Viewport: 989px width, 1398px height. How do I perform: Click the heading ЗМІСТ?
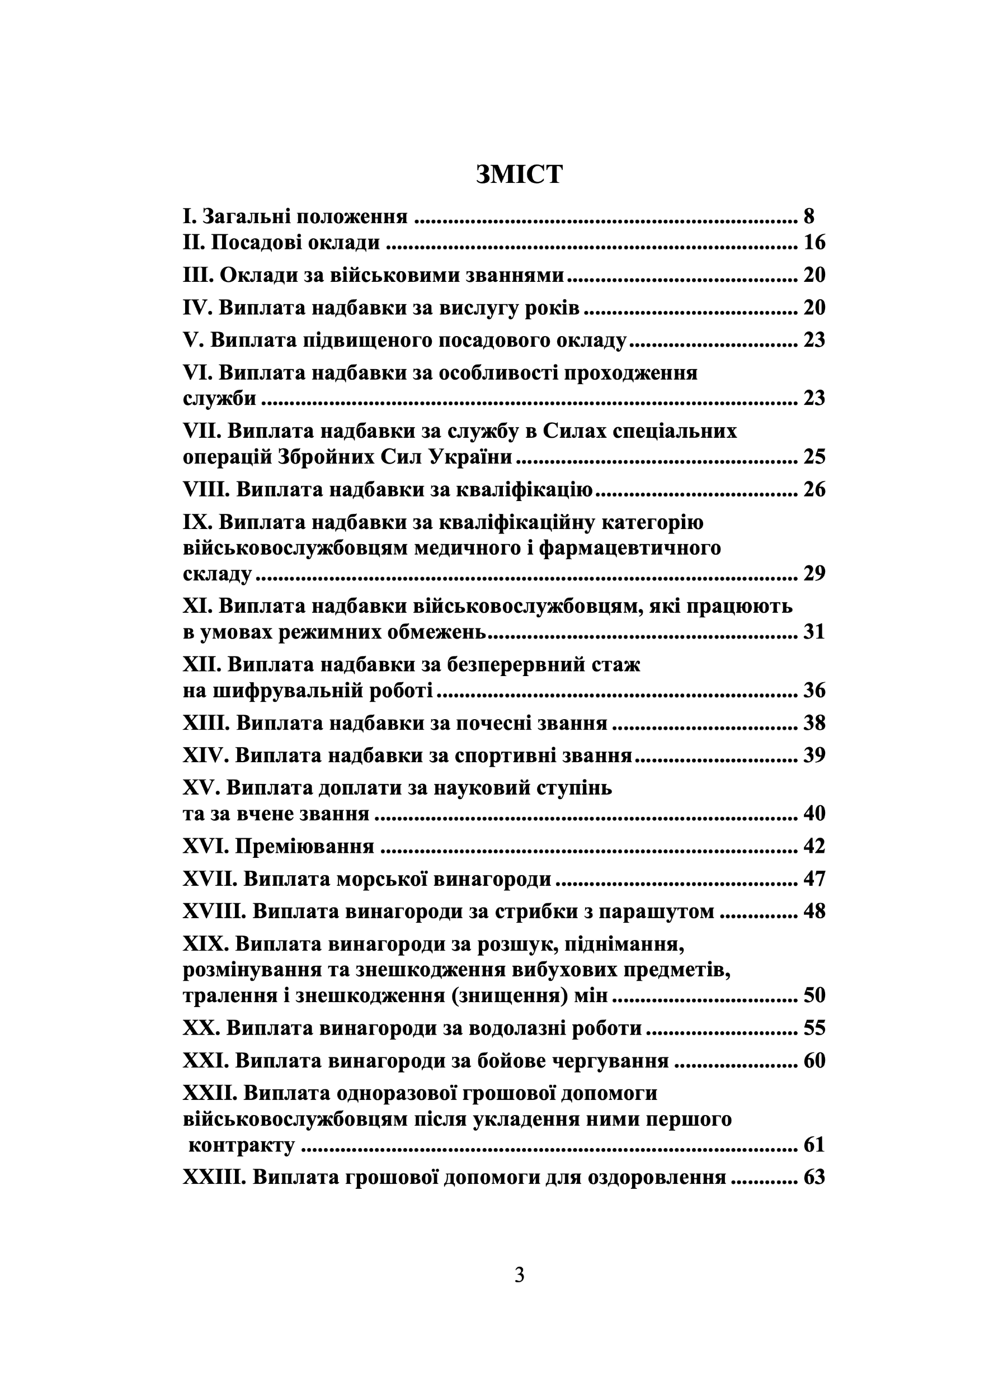[519, 174]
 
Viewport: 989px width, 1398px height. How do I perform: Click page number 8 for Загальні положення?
[809, 216]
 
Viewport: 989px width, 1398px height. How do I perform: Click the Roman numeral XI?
[196, 606]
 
